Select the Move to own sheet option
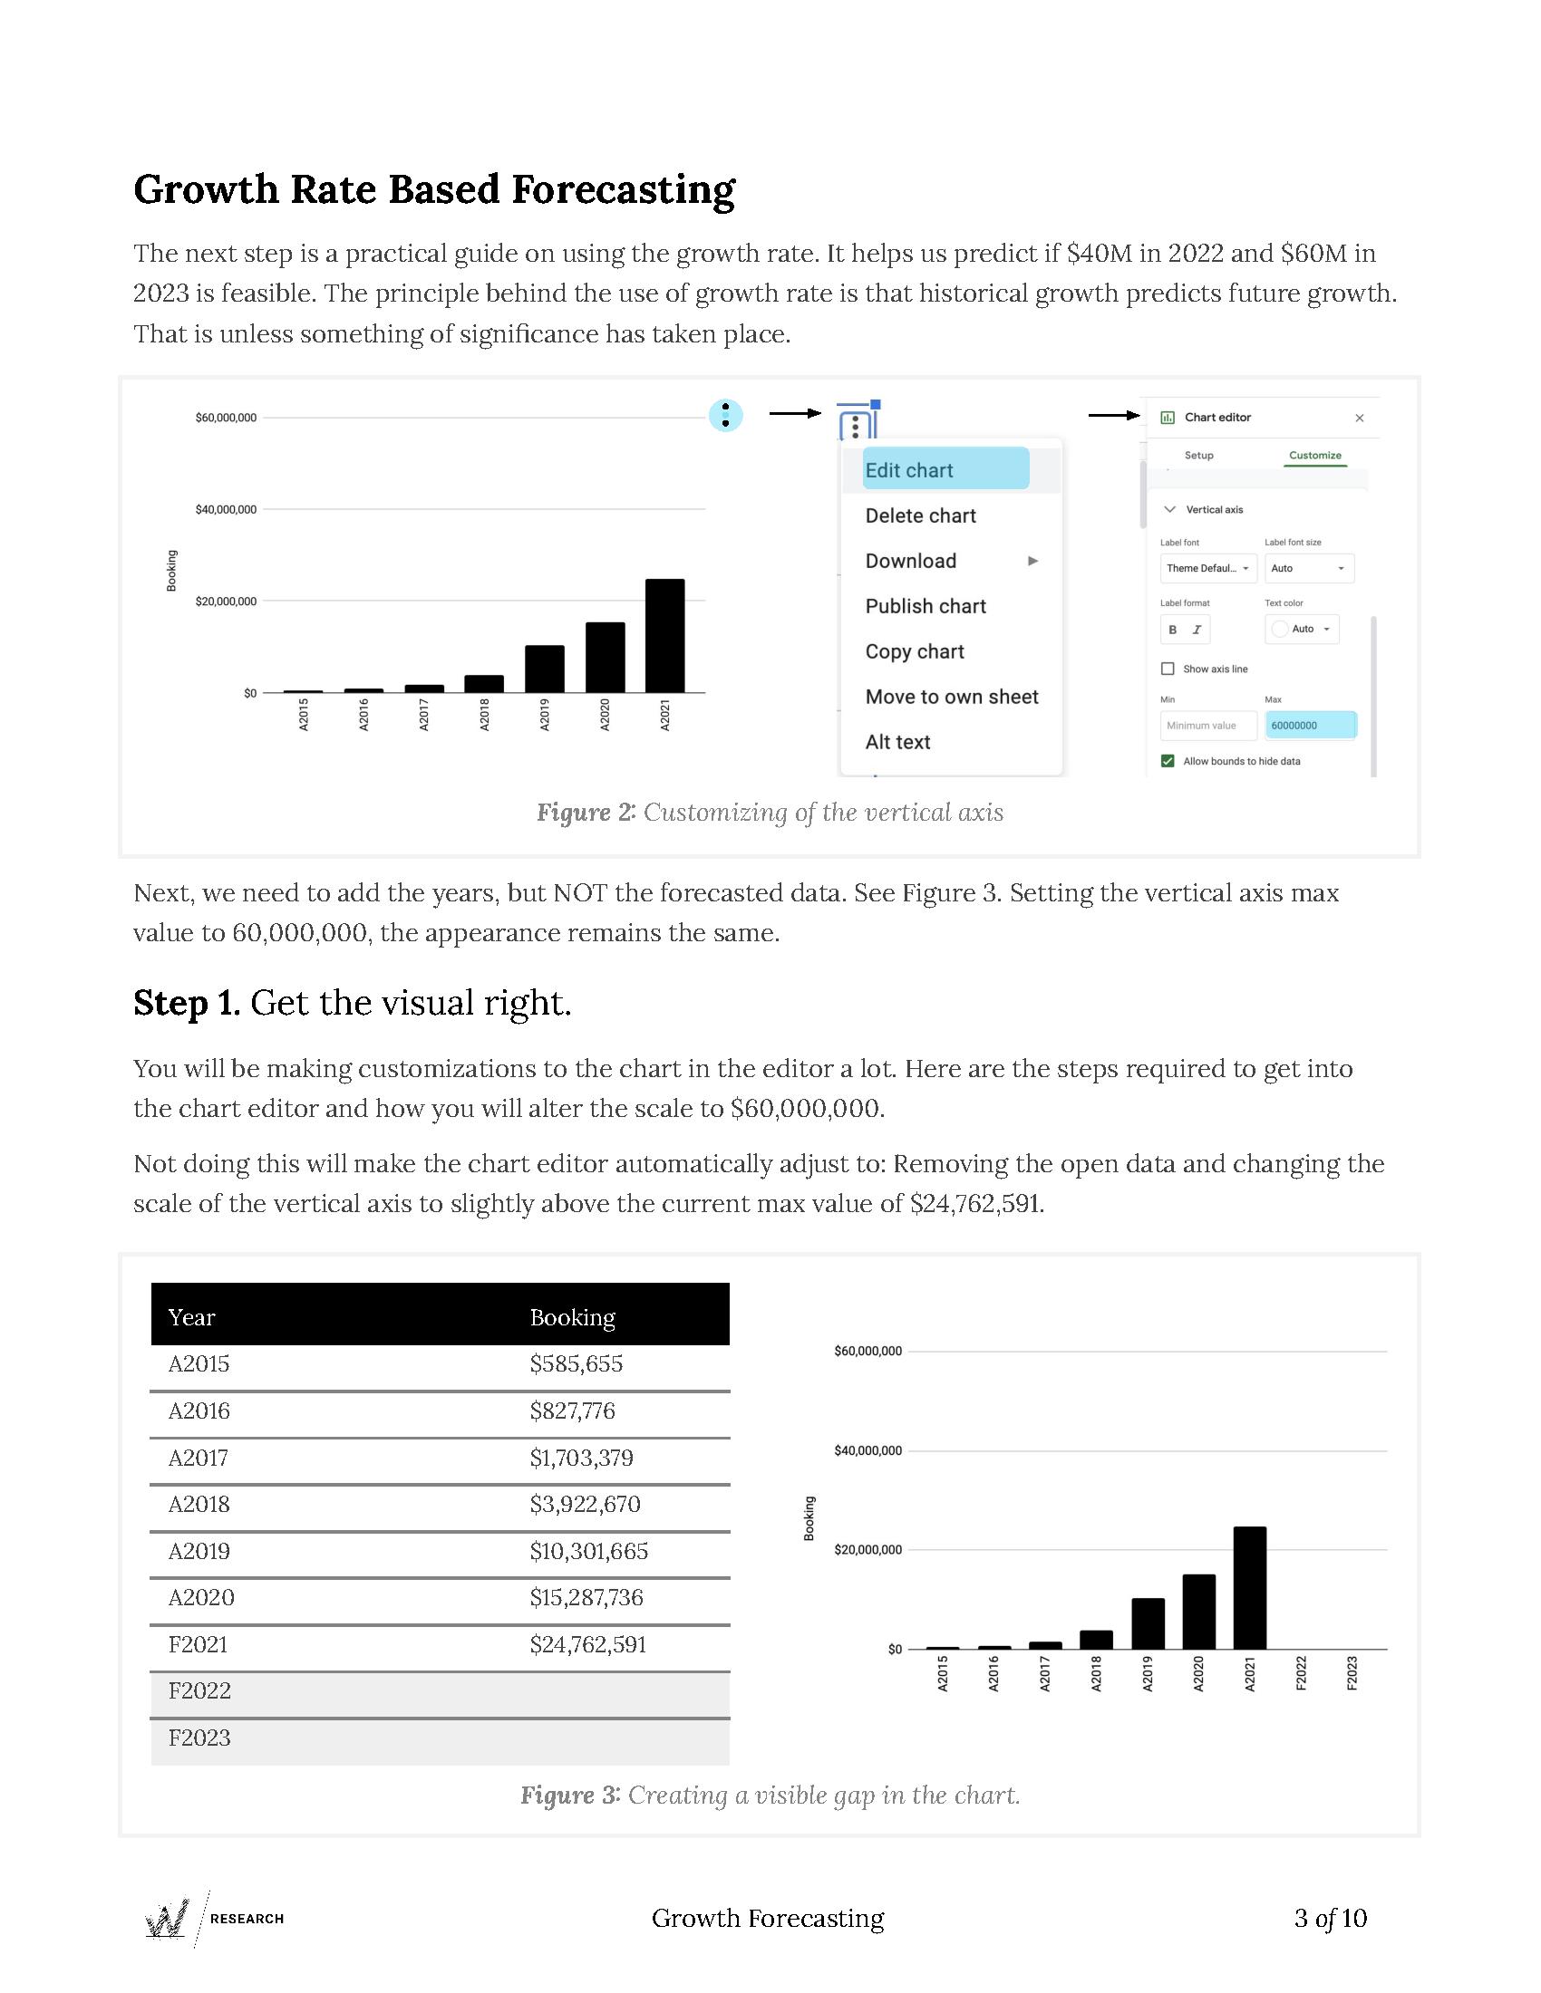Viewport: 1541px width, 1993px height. (x=951, y=697)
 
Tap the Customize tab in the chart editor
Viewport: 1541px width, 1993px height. (x=1314, y=456)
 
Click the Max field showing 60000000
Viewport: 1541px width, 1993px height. (x=1310, y=726)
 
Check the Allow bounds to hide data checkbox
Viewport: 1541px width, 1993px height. (x=1167, y=761)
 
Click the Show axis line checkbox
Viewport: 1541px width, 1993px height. (x=1167, y=669)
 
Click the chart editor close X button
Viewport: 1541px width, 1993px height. (x=1360, y=418)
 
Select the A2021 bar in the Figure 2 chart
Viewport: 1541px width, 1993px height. (x=664, y=635)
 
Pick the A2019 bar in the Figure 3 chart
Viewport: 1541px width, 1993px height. (x=1148, y=1623)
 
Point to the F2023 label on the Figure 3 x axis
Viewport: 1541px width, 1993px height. (x=1352, y=1673)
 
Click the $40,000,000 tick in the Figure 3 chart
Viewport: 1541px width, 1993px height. (x=867, y=1451)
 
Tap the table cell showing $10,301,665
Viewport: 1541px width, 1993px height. (x=589, y=1551)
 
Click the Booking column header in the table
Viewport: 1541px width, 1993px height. (x=572, y=1317)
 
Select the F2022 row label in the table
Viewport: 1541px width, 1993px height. (x=199, y=1691)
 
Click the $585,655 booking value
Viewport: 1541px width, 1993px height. (x=576, y=1364)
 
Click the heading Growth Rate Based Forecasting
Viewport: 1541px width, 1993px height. (x=433, y=190)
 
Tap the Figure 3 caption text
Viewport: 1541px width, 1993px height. (x=770, y=1796)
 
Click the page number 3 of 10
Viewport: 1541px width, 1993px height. (x=1329, y=1918)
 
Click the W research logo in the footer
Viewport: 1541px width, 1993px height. (x=168, y=1918)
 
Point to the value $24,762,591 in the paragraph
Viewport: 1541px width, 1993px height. (x=976, y=1204)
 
